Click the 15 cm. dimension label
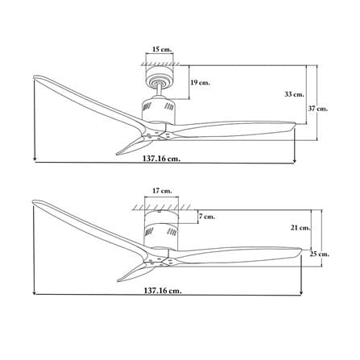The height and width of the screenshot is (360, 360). (162, 49)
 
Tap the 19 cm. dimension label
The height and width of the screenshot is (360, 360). (201, 82)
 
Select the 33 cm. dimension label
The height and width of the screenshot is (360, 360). (294, 94)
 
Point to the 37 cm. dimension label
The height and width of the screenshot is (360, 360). (318, 109)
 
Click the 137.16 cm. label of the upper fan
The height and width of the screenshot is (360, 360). (162, 159)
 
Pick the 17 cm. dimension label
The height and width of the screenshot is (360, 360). (162, 191)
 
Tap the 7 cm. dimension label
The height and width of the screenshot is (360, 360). (207, 217)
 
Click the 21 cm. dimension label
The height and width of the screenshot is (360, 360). (300, 228)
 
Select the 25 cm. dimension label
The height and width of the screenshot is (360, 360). (320, 254)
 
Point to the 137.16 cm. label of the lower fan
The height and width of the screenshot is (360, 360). (163, 291)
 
